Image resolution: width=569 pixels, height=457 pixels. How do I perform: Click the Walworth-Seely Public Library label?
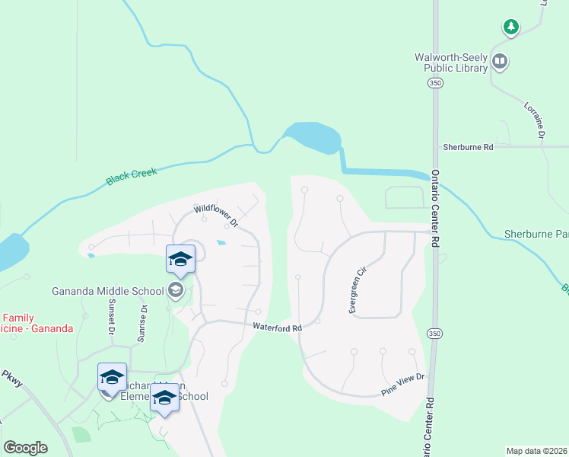click(x=450, y=62)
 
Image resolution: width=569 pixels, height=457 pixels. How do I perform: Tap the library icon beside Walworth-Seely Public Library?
click(x=500, y=61)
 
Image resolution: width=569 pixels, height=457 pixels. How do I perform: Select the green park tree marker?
click(x=511, y=27)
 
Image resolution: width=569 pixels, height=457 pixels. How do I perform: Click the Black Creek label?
click(x=132, y=177)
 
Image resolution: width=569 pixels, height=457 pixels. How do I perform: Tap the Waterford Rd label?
click(x=278, y=327)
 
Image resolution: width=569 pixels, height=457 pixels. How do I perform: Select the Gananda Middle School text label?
click(x=107, y=290)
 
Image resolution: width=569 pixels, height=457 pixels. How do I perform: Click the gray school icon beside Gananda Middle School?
click(x=176, y=289)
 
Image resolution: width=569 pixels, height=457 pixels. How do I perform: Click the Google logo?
click(x=25, y=448)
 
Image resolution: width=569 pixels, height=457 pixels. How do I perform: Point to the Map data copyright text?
click(x=536, y=451)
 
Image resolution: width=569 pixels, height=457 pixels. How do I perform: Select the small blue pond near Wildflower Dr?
click(x=221, y=243)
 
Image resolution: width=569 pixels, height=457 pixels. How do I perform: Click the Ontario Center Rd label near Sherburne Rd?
click(x=436, y=206)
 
